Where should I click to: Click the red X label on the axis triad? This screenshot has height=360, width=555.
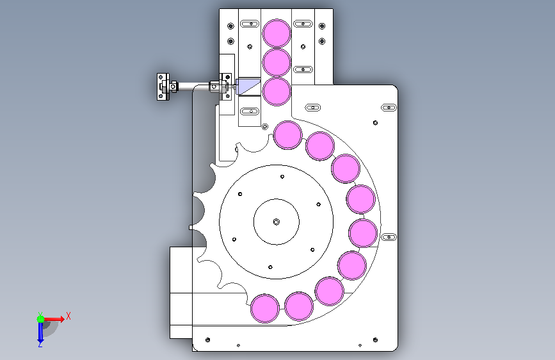68,316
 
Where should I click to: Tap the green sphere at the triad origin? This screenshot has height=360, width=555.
41,319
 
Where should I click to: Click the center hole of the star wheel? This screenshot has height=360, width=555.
277,222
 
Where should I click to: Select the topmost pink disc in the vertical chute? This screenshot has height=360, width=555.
277,33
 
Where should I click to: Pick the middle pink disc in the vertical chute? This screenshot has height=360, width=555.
277,62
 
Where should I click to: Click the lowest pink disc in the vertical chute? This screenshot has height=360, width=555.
277,92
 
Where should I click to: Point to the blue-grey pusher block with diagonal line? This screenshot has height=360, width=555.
248,86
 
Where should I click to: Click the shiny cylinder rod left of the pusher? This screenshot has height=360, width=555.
193,86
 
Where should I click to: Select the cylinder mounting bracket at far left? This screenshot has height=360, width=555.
163,87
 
